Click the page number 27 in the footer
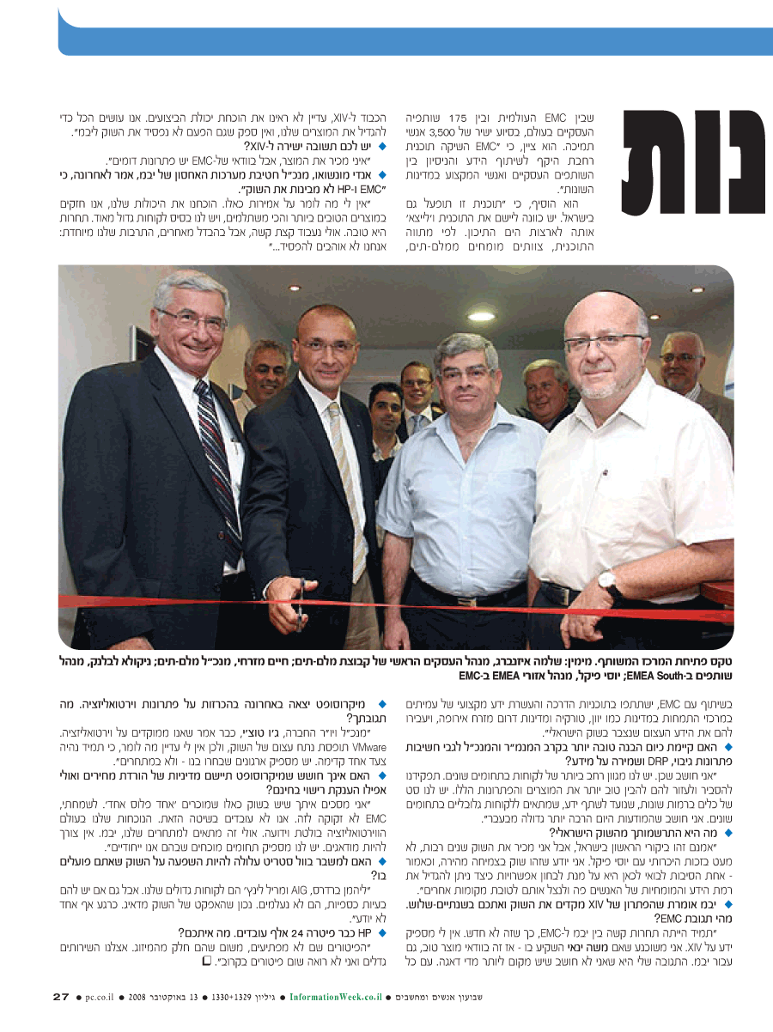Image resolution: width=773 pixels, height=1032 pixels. click(60, 997)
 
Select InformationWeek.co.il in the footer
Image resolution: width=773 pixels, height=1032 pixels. click(335, 997)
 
